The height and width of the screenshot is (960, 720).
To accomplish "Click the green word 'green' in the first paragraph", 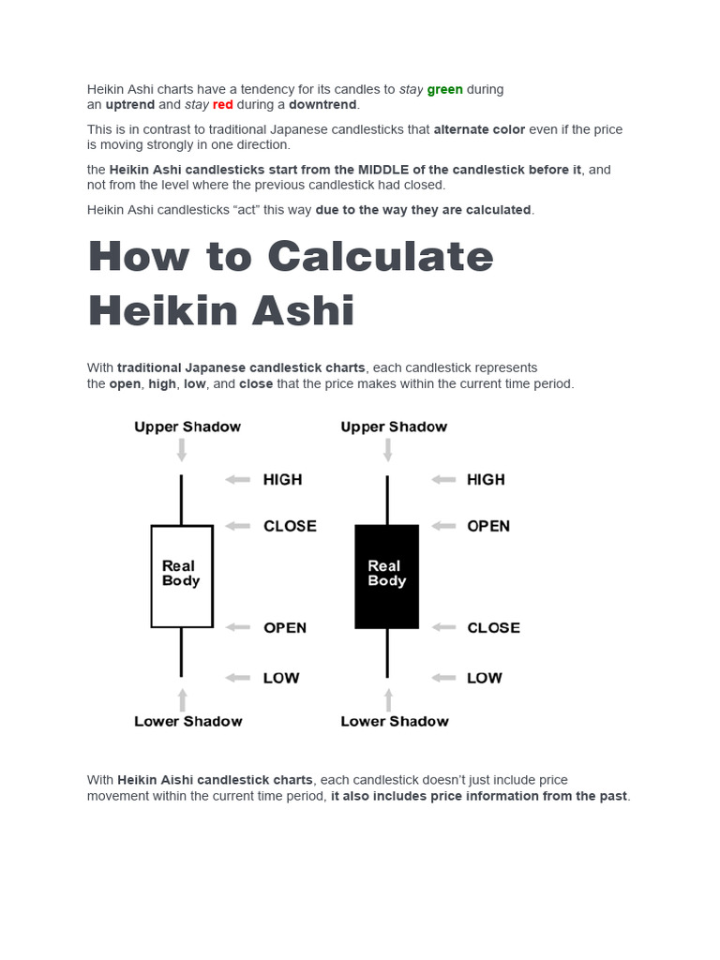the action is pyautogui.click(x=444, y=90).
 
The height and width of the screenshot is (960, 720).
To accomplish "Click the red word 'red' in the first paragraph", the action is pyautogui.click(x=222, y=105).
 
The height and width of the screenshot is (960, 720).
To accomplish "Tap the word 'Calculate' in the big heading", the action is pyautogui.click(x=379, y=256).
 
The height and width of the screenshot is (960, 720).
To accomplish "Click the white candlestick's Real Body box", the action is pyautogui.click(x=182, y=575).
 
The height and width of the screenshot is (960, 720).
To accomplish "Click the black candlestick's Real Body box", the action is pyautogui.click(x=386, y=575).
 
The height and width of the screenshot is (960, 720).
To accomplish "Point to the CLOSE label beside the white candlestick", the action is pyautogui.click(x=290, y=526).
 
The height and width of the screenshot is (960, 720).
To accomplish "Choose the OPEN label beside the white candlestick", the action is pyautogui.click(x=285, y=628).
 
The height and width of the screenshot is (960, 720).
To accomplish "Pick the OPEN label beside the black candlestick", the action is pyautogui.click(x=488, y=526).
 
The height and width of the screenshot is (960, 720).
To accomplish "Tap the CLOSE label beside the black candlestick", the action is pyautogui.click(x=493, y=628).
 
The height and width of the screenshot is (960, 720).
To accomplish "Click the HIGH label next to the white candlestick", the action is pyautogui.click(x=282, y=480).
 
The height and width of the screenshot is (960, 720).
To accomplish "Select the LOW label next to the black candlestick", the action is pyautogui.click(x=485, y=678).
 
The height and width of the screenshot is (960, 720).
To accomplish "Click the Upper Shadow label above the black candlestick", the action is pyautogui.click(x=394, y=427).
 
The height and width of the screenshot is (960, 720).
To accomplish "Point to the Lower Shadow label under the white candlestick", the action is pyautogui.click(x=187, y=721).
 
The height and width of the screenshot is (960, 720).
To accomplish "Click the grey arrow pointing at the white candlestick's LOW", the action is pyautogui.click(x=238, y=678).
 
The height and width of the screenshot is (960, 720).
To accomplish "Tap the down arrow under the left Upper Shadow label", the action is pyautogui.click(x=182, y=450).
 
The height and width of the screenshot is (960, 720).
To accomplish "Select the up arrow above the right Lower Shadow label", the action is pyautogui.click(x=388, y=699).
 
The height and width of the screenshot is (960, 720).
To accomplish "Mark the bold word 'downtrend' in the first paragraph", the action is pyautogui.click(x=323, y=105).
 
